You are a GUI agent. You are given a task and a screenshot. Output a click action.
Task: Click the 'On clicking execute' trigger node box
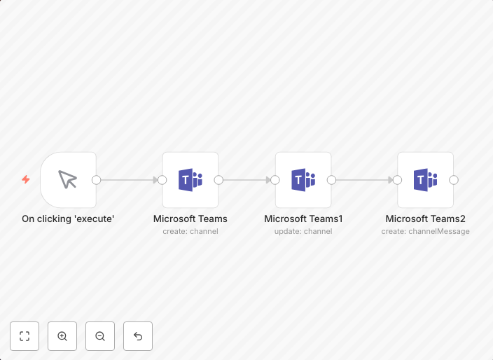tap(68, 180)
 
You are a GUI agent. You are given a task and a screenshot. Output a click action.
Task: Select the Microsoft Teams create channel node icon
tap(190, 180)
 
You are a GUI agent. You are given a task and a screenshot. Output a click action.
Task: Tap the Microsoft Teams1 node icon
tap(303, 180)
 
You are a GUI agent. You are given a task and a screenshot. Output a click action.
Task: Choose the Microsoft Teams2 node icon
tap(425, 180)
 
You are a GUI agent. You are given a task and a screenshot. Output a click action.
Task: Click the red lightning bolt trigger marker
tap(26, 180)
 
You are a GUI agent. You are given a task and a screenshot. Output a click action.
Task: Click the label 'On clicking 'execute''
tap(68, 219)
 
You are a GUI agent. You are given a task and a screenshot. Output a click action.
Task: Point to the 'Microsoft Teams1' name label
tap(303, 219)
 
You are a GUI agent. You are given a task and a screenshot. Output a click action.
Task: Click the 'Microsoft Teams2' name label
tap(425, 219)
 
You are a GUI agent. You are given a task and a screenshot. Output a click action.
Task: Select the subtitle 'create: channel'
tap(190, 231)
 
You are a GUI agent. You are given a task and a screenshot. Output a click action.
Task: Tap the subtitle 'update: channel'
tap(303, 231)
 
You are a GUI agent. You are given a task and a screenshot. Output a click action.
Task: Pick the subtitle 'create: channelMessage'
tap(425, 231)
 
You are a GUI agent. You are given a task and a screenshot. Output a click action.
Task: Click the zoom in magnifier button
tap(62, 336)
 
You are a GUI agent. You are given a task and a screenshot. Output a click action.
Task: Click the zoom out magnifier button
tap(100, 336)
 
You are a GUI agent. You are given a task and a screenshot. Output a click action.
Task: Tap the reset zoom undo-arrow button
tap(138, 336)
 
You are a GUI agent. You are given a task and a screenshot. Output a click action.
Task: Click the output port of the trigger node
tap(97, 180)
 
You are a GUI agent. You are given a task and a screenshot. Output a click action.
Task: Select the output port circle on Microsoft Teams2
tap(454, 180)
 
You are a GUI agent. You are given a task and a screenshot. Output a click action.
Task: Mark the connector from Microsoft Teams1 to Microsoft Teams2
tap(364, 180)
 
